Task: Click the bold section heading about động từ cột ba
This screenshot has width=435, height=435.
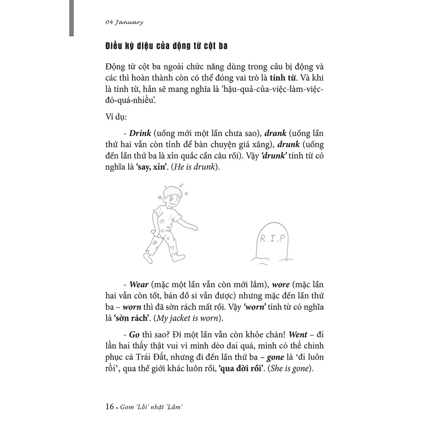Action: tap(166, 46)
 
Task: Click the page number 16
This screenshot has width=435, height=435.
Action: tap(109, 407)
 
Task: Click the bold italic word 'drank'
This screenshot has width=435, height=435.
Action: tap(274, 133)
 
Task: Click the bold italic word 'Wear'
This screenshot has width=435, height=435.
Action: tap(139, 284)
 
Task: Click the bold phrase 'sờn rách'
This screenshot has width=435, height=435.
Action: tap(127, 318)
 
